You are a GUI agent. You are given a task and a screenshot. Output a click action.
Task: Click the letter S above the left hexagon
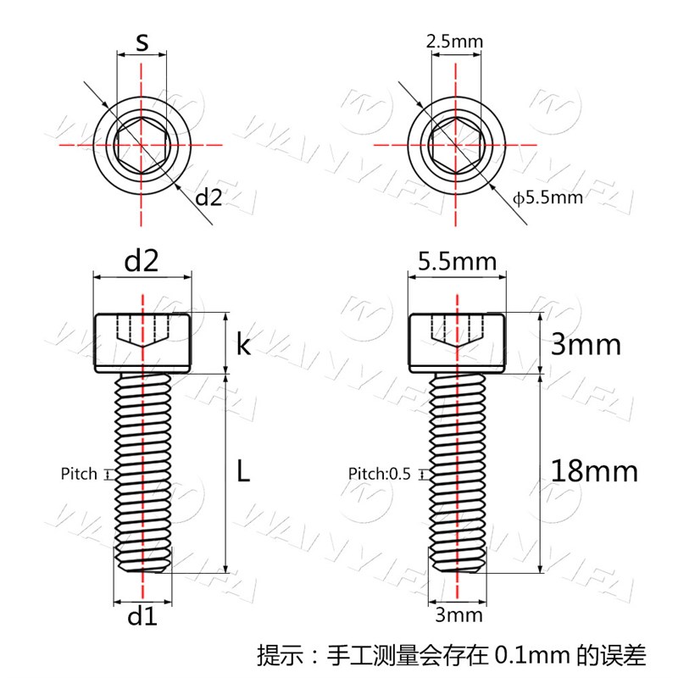[x=142, y=42]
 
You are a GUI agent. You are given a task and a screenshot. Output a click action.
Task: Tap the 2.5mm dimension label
[x=454, y=42]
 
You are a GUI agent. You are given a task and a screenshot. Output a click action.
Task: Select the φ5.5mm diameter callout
[x=547, y=198]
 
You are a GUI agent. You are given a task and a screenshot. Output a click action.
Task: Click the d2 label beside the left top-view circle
[x=208, y=197]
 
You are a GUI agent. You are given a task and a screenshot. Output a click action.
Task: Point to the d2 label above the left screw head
[x=142, y=261]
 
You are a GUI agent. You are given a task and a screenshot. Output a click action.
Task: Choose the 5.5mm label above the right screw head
[x=457, y=262]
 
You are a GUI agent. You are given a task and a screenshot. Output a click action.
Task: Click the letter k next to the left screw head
[x=243, y=345]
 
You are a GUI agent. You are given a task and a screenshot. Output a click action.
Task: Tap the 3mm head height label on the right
[x=586, y=345]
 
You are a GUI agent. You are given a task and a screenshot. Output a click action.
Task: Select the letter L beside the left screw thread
[x=243, y=471]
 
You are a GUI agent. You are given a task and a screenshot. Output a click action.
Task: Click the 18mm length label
[x=595, y=471]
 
